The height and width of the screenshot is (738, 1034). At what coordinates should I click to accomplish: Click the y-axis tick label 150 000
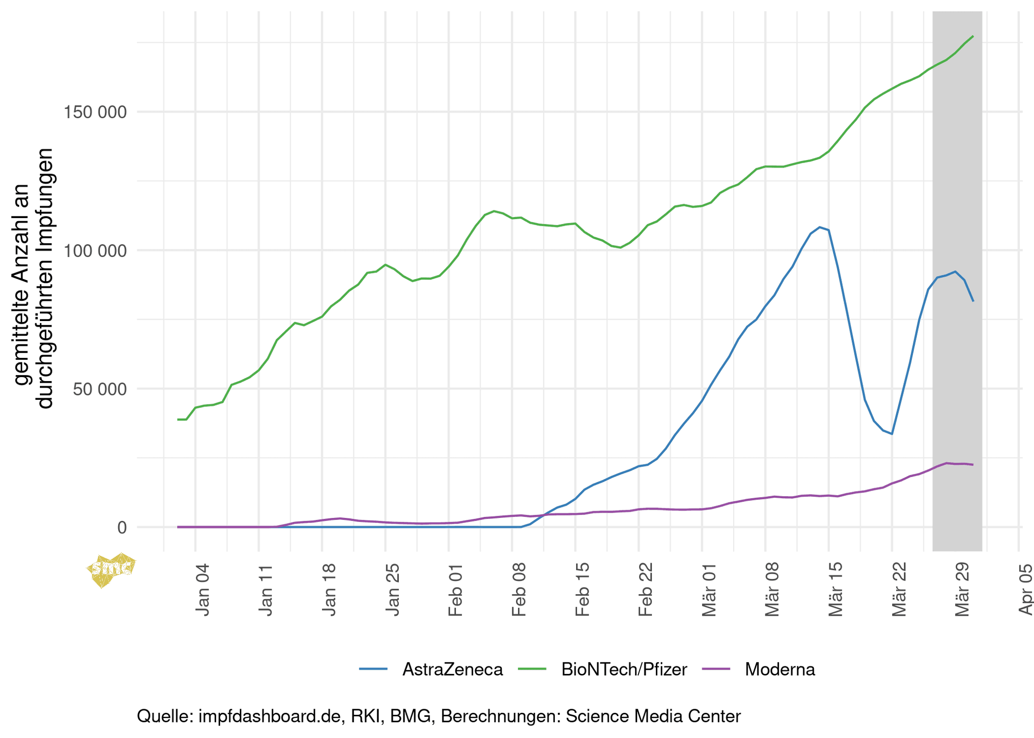pos(94,112)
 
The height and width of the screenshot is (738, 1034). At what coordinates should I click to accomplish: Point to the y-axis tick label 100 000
pos(94,251)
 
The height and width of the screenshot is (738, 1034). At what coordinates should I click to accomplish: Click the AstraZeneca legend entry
pos(452,669)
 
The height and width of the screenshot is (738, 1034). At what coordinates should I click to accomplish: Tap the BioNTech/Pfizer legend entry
pos(624,669)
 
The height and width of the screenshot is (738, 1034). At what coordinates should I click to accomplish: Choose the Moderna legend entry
pos(780,669)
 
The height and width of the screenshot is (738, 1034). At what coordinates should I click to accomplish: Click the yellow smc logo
pos(111,569)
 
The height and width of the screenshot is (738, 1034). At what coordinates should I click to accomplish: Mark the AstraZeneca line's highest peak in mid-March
pos(820,227)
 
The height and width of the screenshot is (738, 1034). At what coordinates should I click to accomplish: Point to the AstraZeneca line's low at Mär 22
pos(892,434)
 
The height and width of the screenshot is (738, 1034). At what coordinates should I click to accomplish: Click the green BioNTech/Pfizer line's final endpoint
pos(973,36)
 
